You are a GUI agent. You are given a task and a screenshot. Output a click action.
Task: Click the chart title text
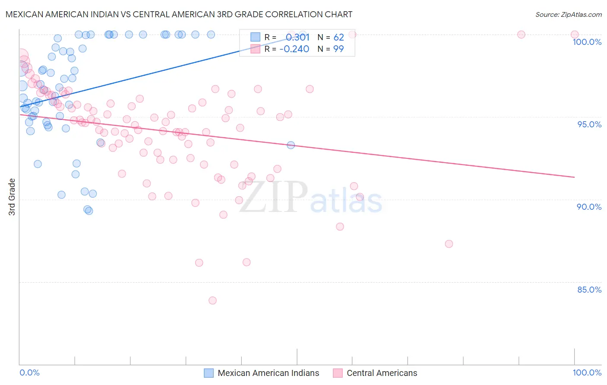179,14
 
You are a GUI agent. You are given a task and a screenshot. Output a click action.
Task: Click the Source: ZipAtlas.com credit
568,14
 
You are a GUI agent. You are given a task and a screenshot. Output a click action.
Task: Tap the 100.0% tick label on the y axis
587,42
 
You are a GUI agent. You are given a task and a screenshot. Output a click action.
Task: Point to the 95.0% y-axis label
589,124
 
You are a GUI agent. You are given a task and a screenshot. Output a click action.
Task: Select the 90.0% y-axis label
589,207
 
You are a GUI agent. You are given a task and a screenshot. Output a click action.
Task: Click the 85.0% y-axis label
589,290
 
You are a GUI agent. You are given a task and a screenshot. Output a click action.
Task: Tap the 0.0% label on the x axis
29,372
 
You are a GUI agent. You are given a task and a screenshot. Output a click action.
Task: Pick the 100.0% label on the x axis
587,372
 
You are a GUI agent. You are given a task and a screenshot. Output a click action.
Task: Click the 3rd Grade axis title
12,197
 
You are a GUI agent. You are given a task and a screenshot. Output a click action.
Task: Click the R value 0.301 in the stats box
297,38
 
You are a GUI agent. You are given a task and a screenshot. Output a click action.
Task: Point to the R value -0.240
294,49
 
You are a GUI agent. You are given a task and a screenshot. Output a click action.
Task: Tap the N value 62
338,38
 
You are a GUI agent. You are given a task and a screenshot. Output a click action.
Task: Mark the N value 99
338,49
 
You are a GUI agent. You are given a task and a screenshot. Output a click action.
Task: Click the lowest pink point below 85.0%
212,300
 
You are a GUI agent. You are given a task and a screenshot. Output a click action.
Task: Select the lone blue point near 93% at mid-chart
291,145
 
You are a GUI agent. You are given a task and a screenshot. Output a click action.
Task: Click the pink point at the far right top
575,35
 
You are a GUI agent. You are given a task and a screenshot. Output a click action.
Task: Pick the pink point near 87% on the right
449,244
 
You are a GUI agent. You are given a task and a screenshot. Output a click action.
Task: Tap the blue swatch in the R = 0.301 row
256,38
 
